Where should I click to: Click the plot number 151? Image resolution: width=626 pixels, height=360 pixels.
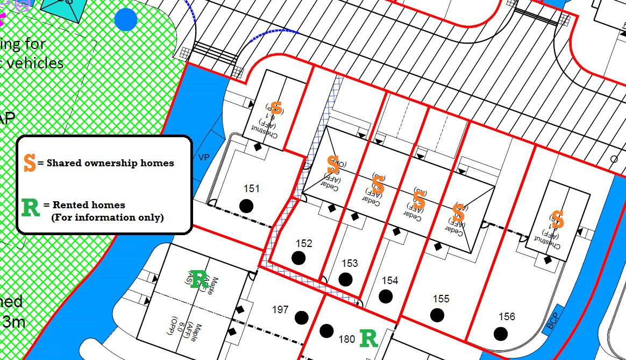[x=252, y=189]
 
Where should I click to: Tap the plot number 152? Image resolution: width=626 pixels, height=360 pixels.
[x=304, y=244]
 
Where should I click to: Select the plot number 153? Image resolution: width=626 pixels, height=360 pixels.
[x=350, y=264]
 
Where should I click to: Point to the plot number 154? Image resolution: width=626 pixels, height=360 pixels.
[x=390, y=281]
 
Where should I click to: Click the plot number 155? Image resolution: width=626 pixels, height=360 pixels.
[x=441, y=299]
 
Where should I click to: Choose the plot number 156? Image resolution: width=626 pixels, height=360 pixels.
[x=507, y=317]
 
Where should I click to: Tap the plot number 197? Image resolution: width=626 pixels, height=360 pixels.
[x=280, y=310]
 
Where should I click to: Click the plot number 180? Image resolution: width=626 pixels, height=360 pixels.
[x=347, y=340]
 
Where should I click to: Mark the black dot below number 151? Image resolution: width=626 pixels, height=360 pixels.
[x=246, y=206]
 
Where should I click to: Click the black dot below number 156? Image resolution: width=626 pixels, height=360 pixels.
[x=501, y=334]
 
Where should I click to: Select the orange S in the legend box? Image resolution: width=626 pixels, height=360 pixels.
[x=30, y=163]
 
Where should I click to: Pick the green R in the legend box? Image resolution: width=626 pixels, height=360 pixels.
[x=31, y=207]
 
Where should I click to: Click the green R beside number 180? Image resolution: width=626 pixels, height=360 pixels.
[x=368, y=338]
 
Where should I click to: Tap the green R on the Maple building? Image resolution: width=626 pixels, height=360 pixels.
[x=198, y=279]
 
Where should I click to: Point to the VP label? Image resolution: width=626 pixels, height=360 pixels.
[x=204, y=158]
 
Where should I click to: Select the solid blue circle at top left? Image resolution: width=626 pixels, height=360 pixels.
[x=126, y=19]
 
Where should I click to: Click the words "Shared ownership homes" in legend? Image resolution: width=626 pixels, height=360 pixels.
[x=110, y=163]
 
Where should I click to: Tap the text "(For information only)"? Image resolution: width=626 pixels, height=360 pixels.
[x=108, y=217]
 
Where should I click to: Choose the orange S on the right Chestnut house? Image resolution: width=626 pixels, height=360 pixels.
[x=558, y=220]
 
